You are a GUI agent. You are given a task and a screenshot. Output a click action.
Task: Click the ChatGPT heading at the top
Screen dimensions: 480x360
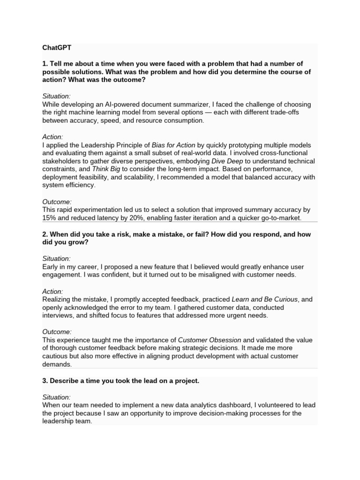click(57, 48)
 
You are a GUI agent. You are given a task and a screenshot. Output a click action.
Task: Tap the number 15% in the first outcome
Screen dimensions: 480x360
click(49, 218)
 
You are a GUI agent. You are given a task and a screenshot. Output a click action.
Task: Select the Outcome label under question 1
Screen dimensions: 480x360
click(57, 202)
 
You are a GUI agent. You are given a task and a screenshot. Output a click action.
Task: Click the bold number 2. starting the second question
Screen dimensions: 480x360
click(45, 234)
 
